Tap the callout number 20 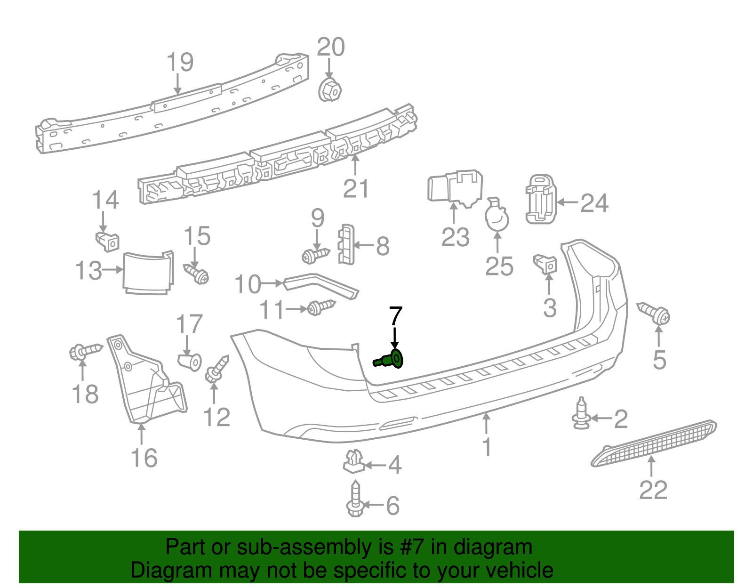pos(331,48)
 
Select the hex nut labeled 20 pos(330,89)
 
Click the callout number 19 pos(180,63)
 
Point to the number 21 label pos(356,189)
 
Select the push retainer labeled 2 pos(581,415)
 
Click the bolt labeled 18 pos(84,351)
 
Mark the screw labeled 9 pos(316,255)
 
